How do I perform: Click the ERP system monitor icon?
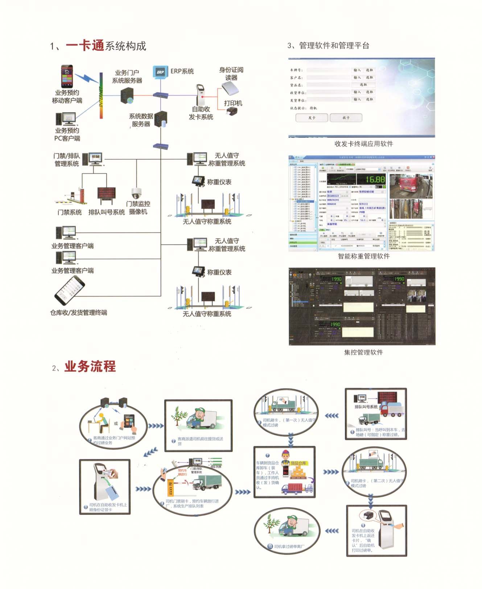(x=160, y=72)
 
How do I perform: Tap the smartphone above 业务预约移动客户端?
(x=67, y=76)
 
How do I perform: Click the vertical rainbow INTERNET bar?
(x=101, y=96)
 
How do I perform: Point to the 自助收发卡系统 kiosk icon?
(x=201, y=95)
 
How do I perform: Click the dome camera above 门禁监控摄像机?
(x=136, y=193)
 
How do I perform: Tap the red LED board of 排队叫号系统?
(x=106, y=194)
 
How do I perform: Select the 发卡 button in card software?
(x=312, y=118)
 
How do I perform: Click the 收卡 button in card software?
(x=346, y=118)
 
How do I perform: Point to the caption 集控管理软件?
(x=363, y=352)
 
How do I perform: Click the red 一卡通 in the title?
(x=85, y=46)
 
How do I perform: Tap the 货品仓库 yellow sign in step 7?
(x=298, y=463)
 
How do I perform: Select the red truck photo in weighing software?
(x=411, y=186)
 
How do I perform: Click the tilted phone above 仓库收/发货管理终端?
(x=70, y=290)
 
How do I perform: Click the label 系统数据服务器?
(x=141, y=120)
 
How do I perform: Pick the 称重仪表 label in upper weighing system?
(x=219, y=182)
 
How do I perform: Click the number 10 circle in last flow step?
(x=270, y=546)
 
